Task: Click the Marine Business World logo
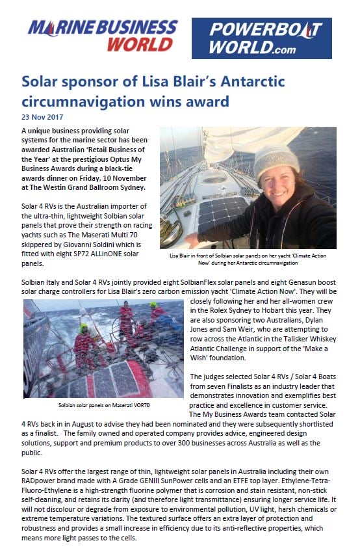pyautogui.click(x=102, y=35)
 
